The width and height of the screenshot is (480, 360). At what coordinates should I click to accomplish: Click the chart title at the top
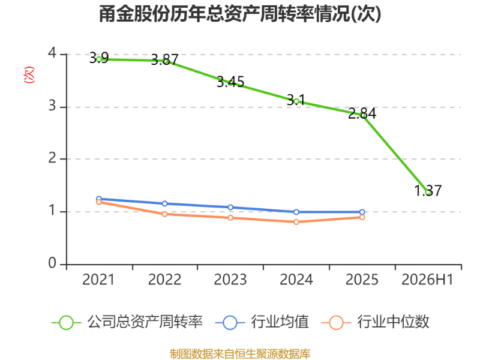240,14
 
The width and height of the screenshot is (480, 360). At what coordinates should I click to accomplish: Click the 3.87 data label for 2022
164,59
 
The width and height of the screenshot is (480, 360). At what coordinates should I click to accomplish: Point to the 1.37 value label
428,190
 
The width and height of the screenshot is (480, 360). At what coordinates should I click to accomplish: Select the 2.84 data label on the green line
362,113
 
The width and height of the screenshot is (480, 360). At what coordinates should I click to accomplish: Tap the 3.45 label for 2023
230,82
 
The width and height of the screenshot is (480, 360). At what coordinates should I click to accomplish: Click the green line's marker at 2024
296,101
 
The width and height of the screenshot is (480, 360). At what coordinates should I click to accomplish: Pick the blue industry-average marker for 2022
164,203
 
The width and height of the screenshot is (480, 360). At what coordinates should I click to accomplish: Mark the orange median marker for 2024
296,222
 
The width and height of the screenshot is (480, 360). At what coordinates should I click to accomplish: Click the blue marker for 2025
362,212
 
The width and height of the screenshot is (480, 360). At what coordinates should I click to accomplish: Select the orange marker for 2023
230,218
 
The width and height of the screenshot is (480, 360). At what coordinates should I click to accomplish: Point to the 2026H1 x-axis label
427,280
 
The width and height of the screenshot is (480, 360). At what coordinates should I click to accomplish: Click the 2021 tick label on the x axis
98,280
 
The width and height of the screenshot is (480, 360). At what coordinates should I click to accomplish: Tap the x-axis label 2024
296,280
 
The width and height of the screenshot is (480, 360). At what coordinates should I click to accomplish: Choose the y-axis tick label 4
52,53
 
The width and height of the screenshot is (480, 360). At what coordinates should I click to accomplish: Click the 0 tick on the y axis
52,263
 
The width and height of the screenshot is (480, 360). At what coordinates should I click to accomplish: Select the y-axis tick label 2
52,158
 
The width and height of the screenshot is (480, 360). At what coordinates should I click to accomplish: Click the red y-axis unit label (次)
29,74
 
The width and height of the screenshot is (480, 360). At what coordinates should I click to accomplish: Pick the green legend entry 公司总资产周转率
127,322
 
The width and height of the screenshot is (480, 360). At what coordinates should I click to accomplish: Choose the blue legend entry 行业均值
262,322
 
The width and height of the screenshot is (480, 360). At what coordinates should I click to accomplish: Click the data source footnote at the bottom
240,354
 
